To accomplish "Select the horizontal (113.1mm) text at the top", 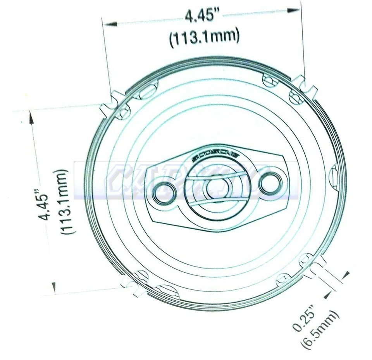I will (204, 38).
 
